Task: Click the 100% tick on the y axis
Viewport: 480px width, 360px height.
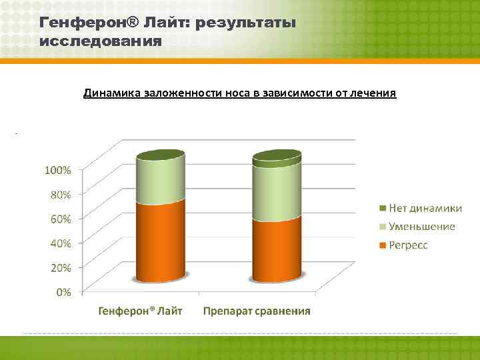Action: click(x=58, y=170)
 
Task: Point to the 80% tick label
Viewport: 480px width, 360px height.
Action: click(x=59, y=195)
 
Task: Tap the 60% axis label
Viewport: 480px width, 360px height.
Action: click(x=59, y=219)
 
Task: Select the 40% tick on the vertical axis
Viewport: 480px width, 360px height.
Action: click(x=59, y=243)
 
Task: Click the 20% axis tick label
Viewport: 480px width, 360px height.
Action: click(x=59, y=267)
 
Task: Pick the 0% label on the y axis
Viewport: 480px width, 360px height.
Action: click(x=63, y=291)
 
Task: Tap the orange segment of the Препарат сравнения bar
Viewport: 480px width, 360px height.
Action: click(x=277, y=250)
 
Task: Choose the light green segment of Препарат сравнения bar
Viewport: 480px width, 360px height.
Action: click(x=277, y=193)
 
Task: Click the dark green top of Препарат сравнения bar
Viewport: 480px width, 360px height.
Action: click(x=277, y=157)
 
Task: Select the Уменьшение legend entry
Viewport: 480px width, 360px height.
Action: click(x=417, y=227)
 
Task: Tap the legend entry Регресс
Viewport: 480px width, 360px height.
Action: click(x=406, y=245)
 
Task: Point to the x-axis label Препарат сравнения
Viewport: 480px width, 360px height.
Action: click(x=257, y=311)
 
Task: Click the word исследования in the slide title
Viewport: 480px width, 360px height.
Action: click(x=101, y=41)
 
